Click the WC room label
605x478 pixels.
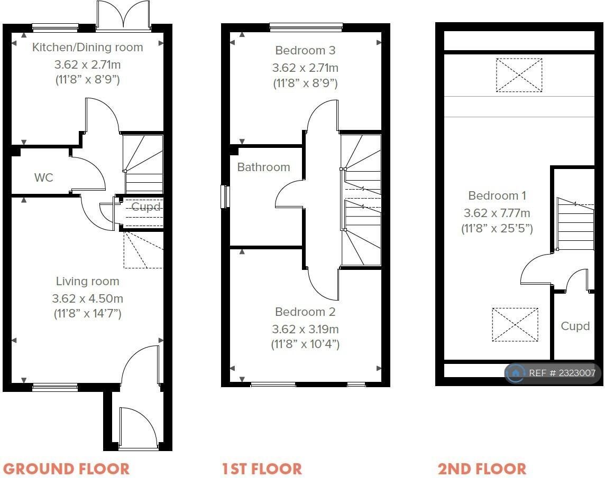coord(43,177)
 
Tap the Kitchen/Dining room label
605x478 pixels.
coord(88,48)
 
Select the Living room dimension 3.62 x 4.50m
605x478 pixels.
coord(88,298)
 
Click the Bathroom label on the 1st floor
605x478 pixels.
coord(263,167)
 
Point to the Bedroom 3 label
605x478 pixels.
coord(305,51)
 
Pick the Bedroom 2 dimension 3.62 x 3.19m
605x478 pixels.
coord(305,329)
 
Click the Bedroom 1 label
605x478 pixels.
coord(497,195)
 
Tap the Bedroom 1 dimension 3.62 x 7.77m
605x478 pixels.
coord(497,213)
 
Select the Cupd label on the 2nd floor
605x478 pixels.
coord(575,326)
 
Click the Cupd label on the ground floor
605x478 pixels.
coord(146,207)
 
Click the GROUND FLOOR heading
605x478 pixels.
coord(66,469)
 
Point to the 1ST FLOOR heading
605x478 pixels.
coord(262,469)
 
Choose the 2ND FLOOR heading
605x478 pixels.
coord(482,469)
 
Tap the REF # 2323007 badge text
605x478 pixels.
coord(562,373)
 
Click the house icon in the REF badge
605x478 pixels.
coord(516,373)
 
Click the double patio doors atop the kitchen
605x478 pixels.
coord(123,15)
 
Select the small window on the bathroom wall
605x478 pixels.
coord(225,197)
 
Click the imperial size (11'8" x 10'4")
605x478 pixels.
coord(305,344)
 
